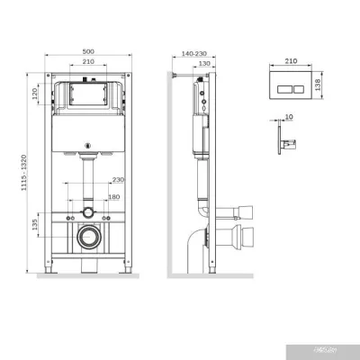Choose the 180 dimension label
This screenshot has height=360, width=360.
tap(113, 196)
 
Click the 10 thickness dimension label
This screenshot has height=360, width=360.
tap(288, 117)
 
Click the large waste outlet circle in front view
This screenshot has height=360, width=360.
tap(87, 240)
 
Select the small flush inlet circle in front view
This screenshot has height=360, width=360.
tap(87, 212)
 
